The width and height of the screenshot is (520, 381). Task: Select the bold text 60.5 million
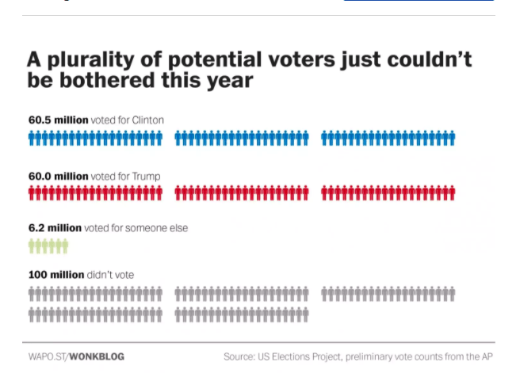(58, 120)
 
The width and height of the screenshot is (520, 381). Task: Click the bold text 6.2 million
(55, 227)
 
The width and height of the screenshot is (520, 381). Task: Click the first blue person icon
(32, 138)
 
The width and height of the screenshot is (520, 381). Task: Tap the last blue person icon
(452, 138)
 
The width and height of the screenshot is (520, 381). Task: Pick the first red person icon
(32, 192)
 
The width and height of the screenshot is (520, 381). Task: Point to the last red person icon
(452, 192)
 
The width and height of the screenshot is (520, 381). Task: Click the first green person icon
(32, 246)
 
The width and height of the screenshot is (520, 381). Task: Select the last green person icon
(65, 246)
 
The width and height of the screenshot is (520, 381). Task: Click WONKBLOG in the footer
(97, 356)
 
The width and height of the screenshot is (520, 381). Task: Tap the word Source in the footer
(239, 356)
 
